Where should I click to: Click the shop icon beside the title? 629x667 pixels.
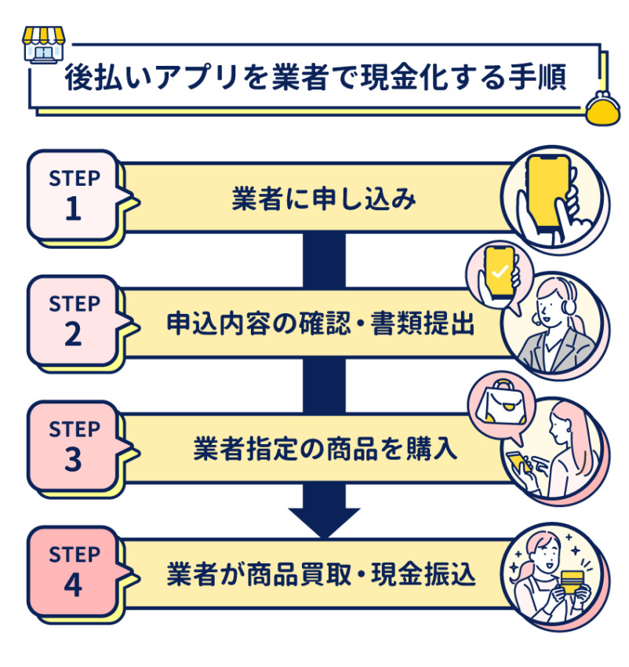40,45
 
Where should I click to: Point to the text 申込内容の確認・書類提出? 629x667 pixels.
321,324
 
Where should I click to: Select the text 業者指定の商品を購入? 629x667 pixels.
321,450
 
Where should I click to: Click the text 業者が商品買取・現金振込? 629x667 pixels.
321,575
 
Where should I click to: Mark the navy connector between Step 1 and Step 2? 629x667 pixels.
324,259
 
